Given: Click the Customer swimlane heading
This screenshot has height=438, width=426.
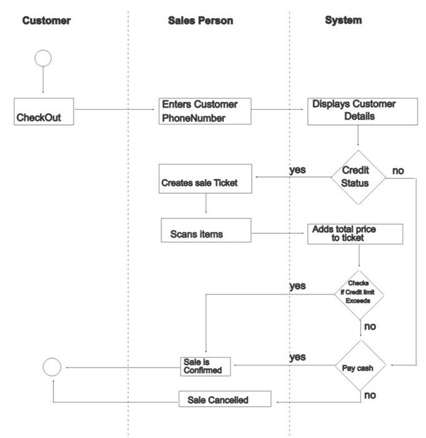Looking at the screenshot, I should [46, 21].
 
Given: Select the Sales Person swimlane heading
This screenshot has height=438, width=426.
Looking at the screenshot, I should [201, 21].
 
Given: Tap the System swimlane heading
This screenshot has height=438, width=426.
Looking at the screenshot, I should [343, 20].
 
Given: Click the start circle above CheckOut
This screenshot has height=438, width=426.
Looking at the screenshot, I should [43, 59].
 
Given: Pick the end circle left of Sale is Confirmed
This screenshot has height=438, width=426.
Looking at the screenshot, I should [52, 367].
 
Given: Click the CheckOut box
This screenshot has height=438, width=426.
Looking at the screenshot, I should [44, 111].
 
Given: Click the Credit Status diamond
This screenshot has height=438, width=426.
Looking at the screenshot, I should [358, 177].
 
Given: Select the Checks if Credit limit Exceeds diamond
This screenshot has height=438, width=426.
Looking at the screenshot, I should [358, 292].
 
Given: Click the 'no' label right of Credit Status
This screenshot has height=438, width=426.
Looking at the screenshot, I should [398, 170].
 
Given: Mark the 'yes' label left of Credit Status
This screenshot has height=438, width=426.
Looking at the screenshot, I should [298, 170].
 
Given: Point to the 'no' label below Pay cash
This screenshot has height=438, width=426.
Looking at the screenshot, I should [370, 395].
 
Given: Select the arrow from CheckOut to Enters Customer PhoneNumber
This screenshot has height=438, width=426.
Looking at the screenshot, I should [114, 110].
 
